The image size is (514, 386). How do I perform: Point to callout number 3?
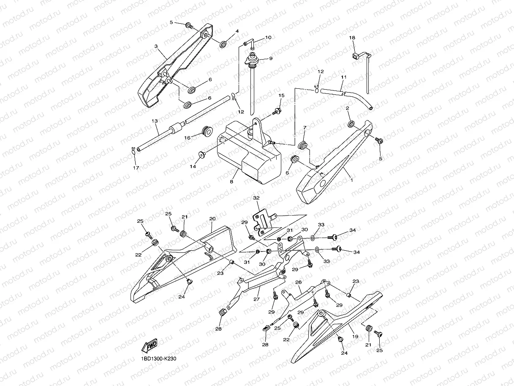tap(156, 46)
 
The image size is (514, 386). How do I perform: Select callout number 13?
tap(155, 121)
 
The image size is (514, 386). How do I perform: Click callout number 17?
tap(136, 168)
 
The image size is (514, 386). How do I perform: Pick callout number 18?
tap(352, 38)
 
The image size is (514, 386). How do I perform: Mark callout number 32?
tap(256, 197)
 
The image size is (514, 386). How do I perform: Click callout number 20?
tap(212, 219)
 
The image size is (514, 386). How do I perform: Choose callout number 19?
tap(355, 337)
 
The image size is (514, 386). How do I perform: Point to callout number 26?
tap(298, 282)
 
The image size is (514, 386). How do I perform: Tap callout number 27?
tap(256, 299)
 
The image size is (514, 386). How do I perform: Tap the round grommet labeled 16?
tap(207, 131)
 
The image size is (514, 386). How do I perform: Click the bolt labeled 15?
tap(277, 112)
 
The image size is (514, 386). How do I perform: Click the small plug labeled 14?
tap(202, 153)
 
